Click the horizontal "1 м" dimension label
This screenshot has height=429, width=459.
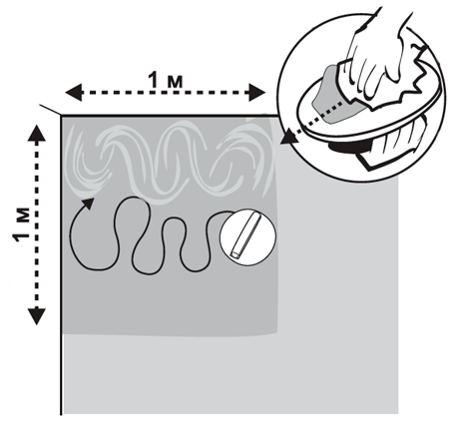pyautogui.click(x=166, y=81)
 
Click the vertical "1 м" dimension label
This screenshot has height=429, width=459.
pyautogui.click(x=21, y=225)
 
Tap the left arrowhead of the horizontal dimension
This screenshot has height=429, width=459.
pyautogui.click(x=73, y=93)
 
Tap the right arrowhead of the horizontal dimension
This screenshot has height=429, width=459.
pyautogui.click(x=256, y=92)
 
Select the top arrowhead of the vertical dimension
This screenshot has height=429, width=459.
pyautogui.click(x=36, y=133)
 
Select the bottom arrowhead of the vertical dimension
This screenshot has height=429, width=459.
pyautogui.click(x=36, y=316)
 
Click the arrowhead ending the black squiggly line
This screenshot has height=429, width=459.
pyautogui.click(x=88, y=203)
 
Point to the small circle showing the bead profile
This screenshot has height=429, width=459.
pyautogui.click(x=248, y=237)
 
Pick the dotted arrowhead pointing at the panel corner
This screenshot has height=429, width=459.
pyautogui.click(x=287, y=138)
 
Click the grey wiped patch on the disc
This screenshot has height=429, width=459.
pyautogui.click(x=329, y=97)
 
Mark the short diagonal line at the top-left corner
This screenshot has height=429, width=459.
pyautogui.click(x=50, y=110)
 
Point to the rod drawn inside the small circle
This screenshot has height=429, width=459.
pyautogui.click(x=246, y=236)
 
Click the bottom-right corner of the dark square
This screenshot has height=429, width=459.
pyautogui.click(x=277, y=333)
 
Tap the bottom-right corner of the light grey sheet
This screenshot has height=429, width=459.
pyautogui.click(x=398, y=413)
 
